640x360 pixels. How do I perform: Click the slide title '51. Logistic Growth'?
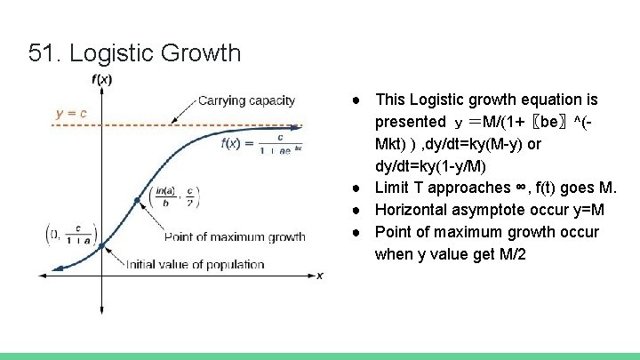point(134,53)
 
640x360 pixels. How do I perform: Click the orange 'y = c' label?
point(70,114)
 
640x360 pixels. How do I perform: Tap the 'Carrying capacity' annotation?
point(246,100)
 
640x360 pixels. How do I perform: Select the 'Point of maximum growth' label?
point(235,237)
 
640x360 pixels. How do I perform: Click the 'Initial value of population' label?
point(195,264)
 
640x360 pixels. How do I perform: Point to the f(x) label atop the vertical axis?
point(102,79)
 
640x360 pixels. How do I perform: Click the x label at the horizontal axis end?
point(320,276)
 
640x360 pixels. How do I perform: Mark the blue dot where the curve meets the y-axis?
point(101,245)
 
